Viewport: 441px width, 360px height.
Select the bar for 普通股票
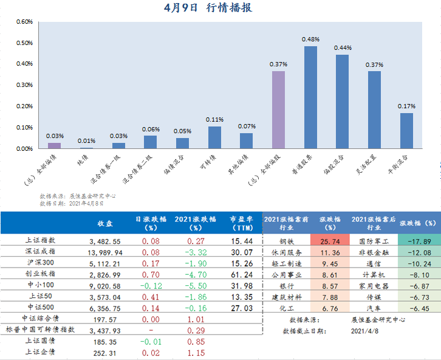click(x=310, y=97)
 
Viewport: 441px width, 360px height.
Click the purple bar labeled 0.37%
click(x=278, y=109)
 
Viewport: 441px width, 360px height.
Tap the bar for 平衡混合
click(x=406, y=130)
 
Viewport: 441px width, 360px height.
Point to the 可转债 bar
click(x=214, y=137)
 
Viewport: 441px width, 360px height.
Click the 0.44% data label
click(x=343, y=48)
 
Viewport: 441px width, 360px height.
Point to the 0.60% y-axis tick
click(x=24, y=22)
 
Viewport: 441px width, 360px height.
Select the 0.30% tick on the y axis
click(x=24, y=85)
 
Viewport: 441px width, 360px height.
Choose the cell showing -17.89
click(x=418, y=241)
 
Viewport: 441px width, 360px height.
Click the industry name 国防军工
click(x=369, y=241)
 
